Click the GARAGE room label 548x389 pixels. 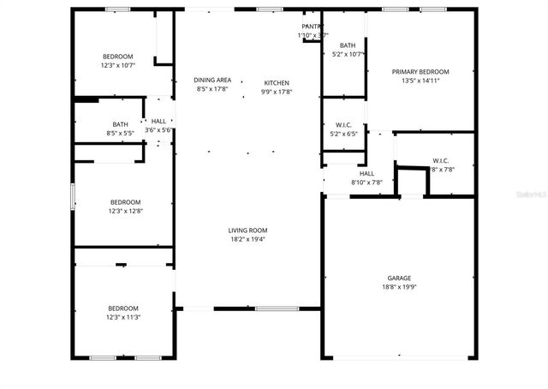399,278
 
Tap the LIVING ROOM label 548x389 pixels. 247,230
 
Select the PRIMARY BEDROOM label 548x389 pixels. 420,72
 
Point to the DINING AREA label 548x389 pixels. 212,80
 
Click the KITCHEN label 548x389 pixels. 277,82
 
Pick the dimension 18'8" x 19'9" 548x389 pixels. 399,288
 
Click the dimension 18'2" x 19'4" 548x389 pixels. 247,239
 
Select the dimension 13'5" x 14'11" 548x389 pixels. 420,81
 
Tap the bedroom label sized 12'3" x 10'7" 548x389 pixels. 117,57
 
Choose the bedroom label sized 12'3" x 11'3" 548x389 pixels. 122,308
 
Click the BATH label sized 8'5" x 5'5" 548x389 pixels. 120,124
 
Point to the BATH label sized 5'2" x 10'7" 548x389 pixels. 348,45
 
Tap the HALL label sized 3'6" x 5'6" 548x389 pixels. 159,121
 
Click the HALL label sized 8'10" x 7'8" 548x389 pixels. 366,173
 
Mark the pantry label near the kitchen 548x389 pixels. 311,27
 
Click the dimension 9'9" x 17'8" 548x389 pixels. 277,92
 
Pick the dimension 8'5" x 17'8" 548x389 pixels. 212,88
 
